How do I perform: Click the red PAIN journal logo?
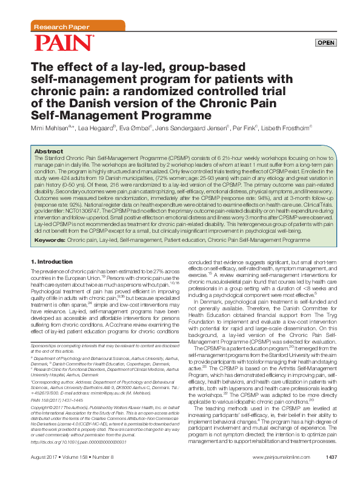click(x=64, y=43)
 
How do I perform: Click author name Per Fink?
click(x=244, y=128)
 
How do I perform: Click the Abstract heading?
click(x=48, y=151)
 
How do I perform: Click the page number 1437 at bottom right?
click(x=332, y=473)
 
